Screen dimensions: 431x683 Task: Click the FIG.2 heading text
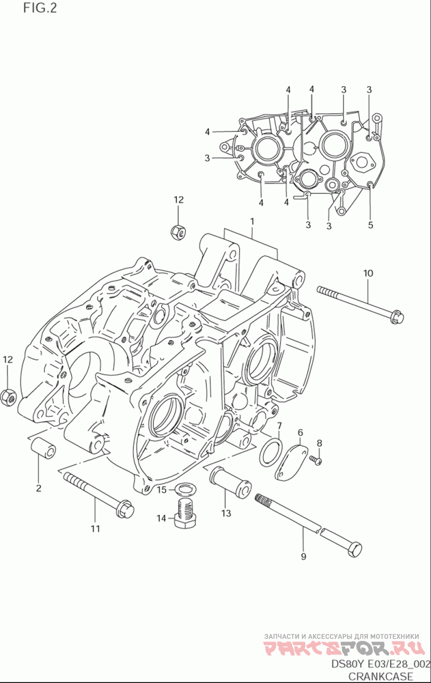pyautogui.click(x=40, y=8)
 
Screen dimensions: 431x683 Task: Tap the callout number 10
pyautogui.click(x=368, y=273)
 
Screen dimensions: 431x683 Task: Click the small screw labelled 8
pyautogui.click(x=316, y=461)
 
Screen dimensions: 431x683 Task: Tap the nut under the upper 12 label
pyautogui.click(x=179, y=232)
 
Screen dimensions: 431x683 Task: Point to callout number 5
pyautogui.click(x=370, y=225)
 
